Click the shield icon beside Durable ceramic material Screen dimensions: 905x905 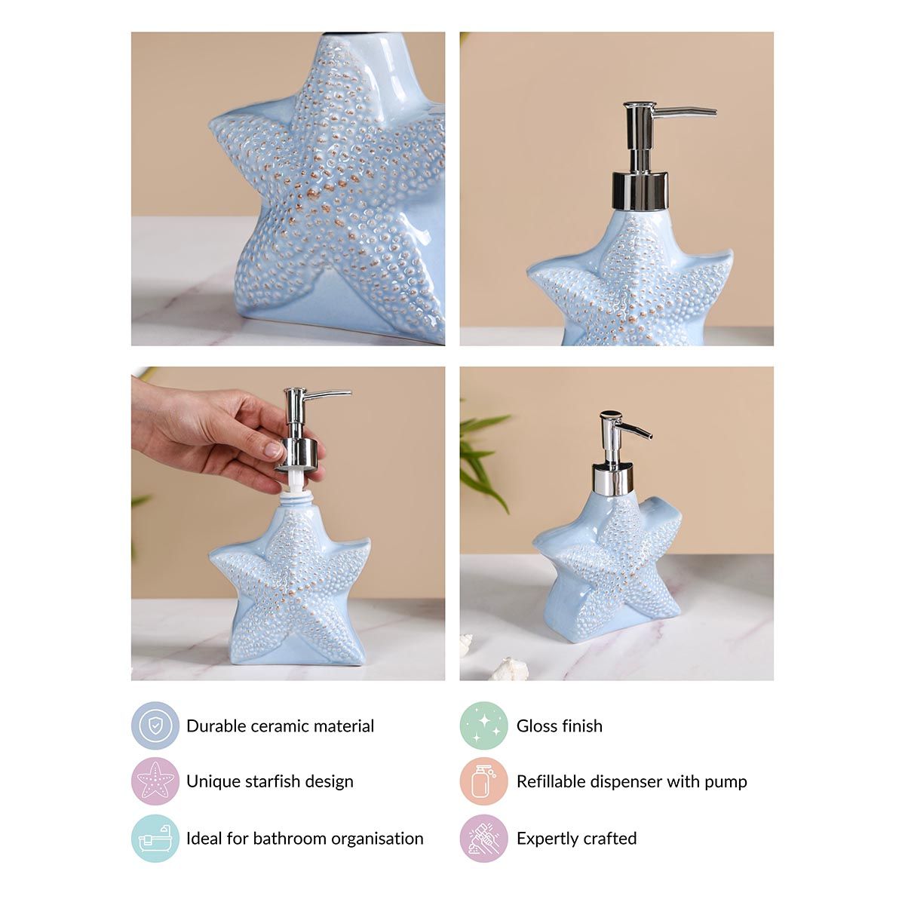click(x=155, y=726)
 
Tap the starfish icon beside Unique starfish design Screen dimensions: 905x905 click(x=155, y=781)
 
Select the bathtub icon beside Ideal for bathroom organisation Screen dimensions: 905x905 click(x=155, y=838)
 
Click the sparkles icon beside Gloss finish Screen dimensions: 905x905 click(x=483, y=726)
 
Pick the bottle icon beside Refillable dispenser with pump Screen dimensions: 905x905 click(x=483, y=781)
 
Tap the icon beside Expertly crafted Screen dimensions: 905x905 click(x=483, y=838)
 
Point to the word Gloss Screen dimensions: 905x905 click(x=538, y=726)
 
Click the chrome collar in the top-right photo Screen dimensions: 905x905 click(x=640, y=190)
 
